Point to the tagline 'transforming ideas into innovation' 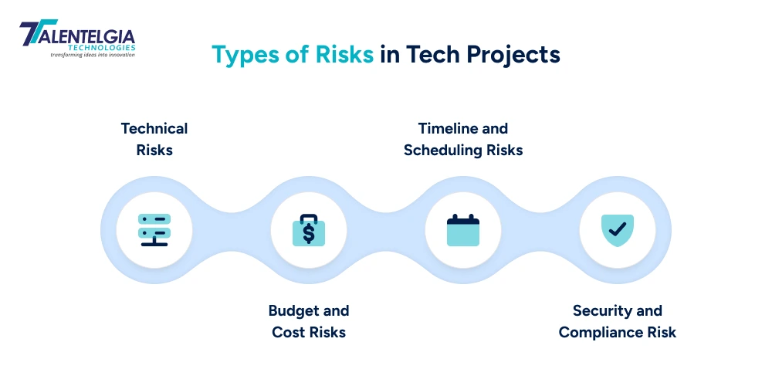coord(93,55)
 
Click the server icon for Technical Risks coord(154,230)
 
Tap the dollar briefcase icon coord(309,230)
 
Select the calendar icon coord(463,230)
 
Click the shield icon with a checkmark coord(618,229)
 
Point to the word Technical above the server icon coord(154,128)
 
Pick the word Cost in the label coord(287,333)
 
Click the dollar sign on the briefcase coord(309,232)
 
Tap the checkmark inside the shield coord(618,229)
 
